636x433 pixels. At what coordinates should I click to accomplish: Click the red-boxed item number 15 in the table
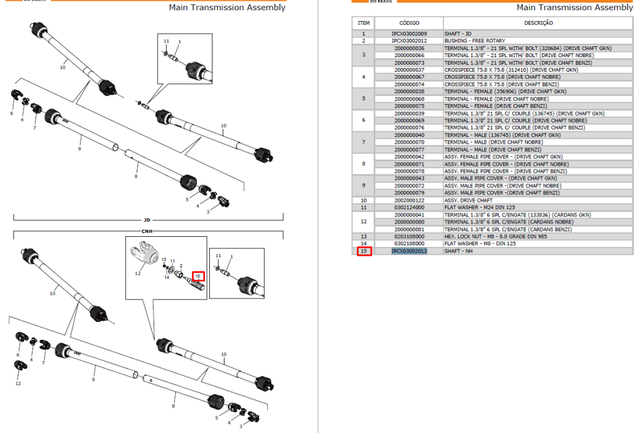[364, 251]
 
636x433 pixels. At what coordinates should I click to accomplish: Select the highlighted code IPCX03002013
[409, 251]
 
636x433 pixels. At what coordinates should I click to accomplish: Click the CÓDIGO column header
[409, 23]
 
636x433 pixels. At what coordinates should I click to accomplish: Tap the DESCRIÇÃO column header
[538, 23]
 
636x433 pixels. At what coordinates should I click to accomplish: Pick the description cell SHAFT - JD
[457, 34]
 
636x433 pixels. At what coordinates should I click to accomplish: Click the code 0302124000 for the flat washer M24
[409, 208]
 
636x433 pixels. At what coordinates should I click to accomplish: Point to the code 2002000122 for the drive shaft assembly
[409, 200]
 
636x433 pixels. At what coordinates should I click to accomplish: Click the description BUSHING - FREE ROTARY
[474, 41]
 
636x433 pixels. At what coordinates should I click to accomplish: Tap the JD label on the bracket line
[147, 220]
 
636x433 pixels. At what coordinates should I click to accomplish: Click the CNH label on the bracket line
[147, 231]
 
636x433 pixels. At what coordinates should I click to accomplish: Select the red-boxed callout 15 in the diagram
[198, 276]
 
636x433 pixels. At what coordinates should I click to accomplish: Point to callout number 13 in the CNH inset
[164, 260]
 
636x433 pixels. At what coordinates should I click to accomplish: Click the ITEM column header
[363, 23]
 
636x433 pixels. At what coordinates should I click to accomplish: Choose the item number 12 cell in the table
[363, 222]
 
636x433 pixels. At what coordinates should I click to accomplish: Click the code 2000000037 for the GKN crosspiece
[409, 70]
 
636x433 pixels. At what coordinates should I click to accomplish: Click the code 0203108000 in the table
[409, 237]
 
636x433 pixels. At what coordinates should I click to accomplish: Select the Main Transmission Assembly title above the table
[574, 7]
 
